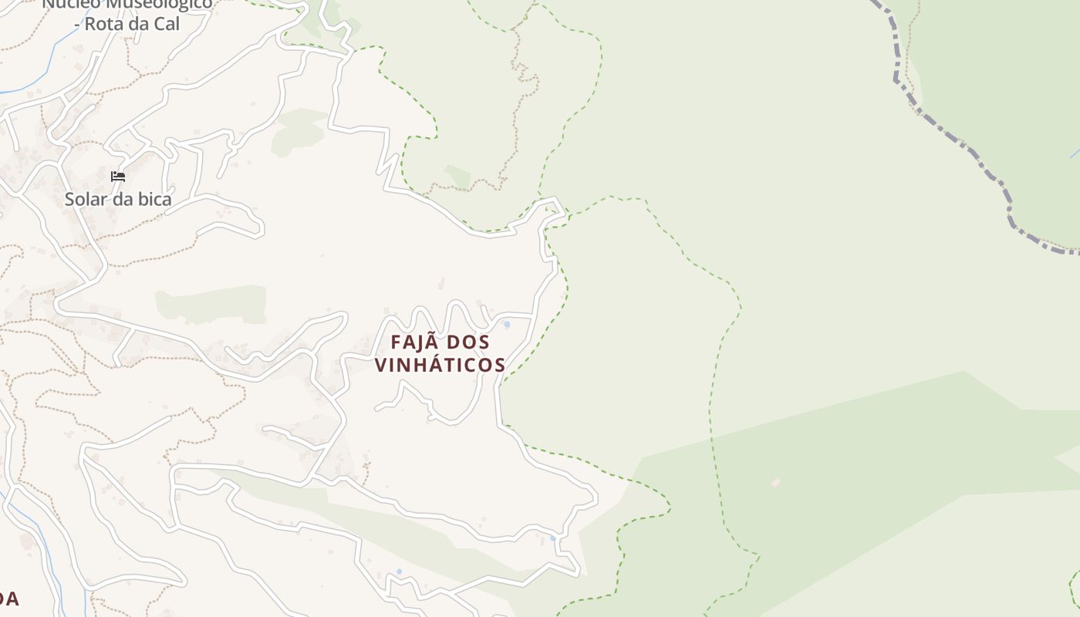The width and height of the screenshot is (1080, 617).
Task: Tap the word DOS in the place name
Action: click(468, 342)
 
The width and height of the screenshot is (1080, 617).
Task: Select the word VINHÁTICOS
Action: click(440, 365)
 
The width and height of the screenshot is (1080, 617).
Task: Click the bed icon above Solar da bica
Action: click(118, 177)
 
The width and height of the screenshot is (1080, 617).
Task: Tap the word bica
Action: click(154, 199)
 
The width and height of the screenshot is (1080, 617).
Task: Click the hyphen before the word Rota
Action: click(76, 25)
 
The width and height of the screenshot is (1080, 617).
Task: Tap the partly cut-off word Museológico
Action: click(147, 4)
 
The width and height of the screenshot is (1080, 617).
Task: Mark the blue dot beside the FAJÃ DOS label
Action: click(507, 325)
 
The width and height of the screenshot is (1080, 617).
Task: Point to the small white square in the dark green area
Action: click(776, 483)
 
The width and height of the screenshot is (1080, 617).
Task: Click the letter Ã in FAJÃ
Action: click(437, 342)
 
